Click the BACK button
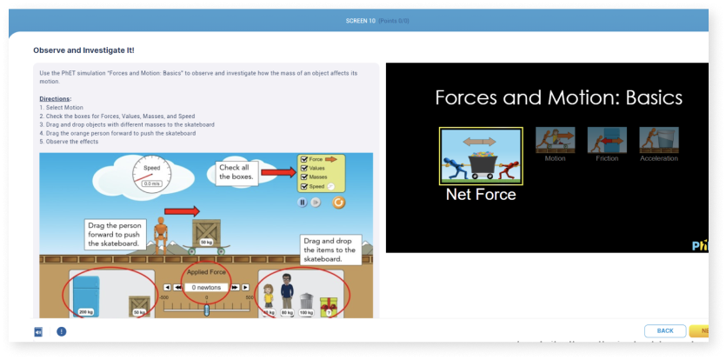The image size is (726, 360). click(x=665, y=330)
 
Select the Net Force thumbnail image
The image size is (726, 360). click(x=480, y=156)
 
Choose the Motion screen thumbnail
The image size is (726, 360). click(x=555, y=140)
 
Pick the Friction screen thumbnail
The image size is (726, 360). click(x=607, y=140)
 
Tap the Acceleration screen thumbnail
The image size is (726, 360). click(x=658, y=140)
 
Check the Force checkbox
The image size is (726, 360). click(x=303, y=160)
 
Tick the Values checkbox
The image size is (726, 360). click(x=303, y=169)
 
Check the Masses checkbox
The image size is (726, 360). click(x=303, y=177)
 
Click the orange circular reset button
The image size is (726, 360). click(x=338, y=203)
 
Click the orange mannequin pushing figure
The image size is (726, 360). click(x=159, y=233)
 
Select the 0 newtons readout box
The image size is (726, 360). click(x=206, y=287)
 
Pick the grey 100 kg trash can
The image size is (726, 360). click(x=306, y=303)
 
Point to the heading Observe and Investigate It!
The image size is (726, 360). click(x=83, y=50)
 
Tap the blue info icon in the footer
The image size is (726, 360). click(x=62, y=331)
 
